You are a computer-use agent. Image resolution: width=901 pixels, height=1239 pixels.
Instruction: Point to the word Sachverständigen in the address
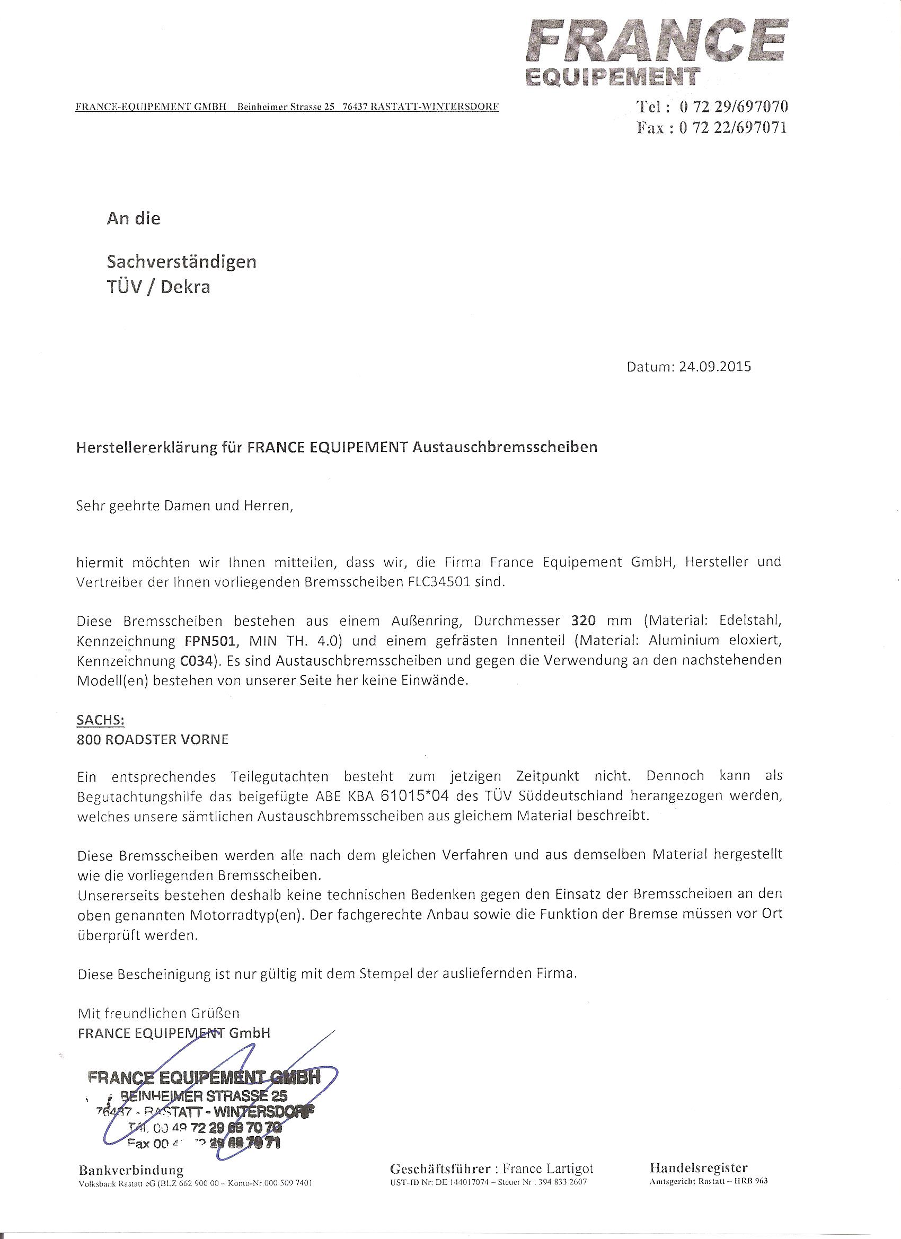click(181, 262)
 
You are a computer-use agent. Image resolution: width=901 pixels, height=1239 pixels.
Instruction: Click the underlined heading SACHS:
click(101, 720)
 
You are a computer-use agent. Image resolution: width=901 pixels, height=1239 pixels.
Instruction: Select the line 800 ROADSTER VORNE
click(153, 740)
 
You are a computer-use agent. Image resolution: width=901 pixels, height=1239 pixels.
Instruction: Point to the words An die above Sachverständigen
click(134, 218)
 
